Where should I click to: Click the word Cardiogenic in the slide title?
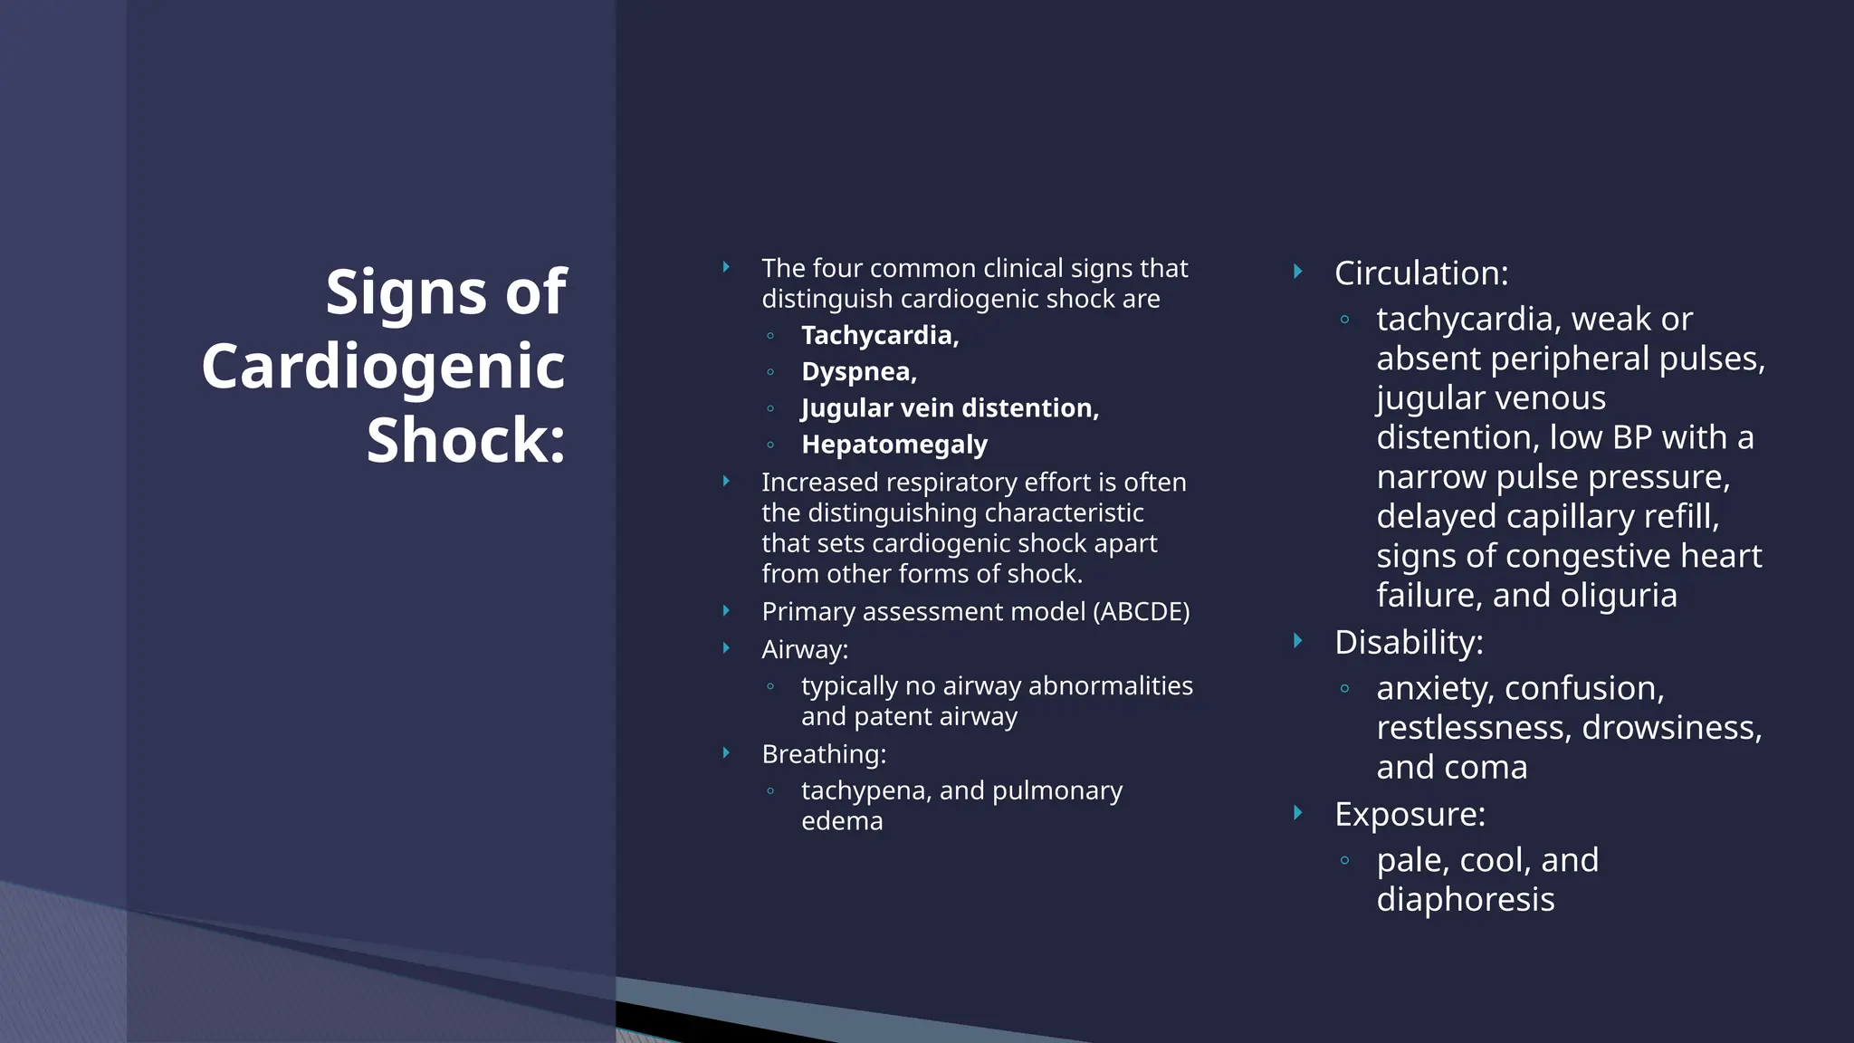tap(383, 367)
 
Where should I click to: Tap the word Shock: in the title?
tap(465, 440)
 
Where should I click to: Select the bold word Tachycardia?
tap(879, 335)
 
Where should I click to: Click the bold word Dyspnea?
tap(858, 371)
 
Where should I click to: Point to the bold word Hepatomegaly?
tap(894, 445)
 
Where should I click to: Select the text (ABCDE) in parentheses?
tap(1141, 612)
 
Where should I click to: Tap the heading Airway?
tap(805, 649)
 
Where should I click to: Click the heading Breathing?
tap(824, 754)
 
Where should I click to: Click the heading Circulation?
tap(1421, 273)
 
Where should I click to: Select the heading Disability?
tap(1409, 643)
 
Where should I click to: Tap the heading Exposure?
tap(1410, 815)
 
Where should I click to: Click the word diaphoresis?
tap(1466, 900)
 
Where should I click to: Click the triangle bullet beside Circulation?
tap(1297, 272)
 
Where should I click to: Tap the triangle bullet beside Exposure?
tap(1297, 813)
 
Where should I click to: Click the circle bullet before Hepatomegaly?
tap(770, 445)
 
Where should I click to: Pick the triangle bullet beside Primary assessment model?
tap(726, 611)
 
